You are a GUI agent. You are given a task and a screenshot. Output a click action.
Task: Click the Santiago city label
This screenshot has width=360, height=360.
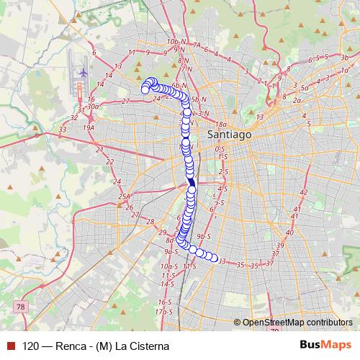click(230, 135)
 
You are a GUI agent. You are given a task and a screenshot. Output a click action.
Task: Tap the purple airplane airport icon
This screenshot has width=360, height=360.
click(84, 73)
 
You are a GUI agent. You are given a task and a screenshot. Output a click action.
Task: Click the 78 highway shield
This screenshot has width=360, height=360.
click(19, 307)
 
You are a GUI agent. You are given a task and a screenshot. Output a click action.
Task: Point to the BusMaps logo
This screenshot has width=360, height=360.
click(325, 346)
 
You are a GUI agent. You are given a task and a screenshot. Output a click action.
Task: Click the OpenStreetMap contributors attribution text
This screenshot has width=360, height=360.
click(297, 322)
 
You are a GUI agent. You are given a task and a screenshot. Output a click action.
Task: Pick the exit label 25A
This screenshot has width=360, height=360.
click(125, 196)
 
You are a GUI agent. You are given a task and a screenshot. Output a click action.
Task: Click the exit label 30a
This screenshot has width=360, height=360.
click(92, 106)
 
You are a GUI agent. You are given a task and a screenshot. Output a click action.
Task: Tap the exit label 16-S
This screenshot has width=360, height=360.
click(166, 302)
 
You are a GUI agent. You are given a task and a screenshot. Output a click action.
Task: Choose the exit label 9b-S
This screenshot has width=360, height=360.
click(203, 235)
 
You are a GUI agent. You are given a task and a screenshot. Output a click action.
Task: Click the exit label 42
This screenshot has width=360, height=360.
click(303, 192)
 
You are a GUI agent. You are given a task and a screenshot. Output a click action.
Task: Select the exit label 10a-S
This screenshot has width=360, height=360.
click(169, 266)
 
